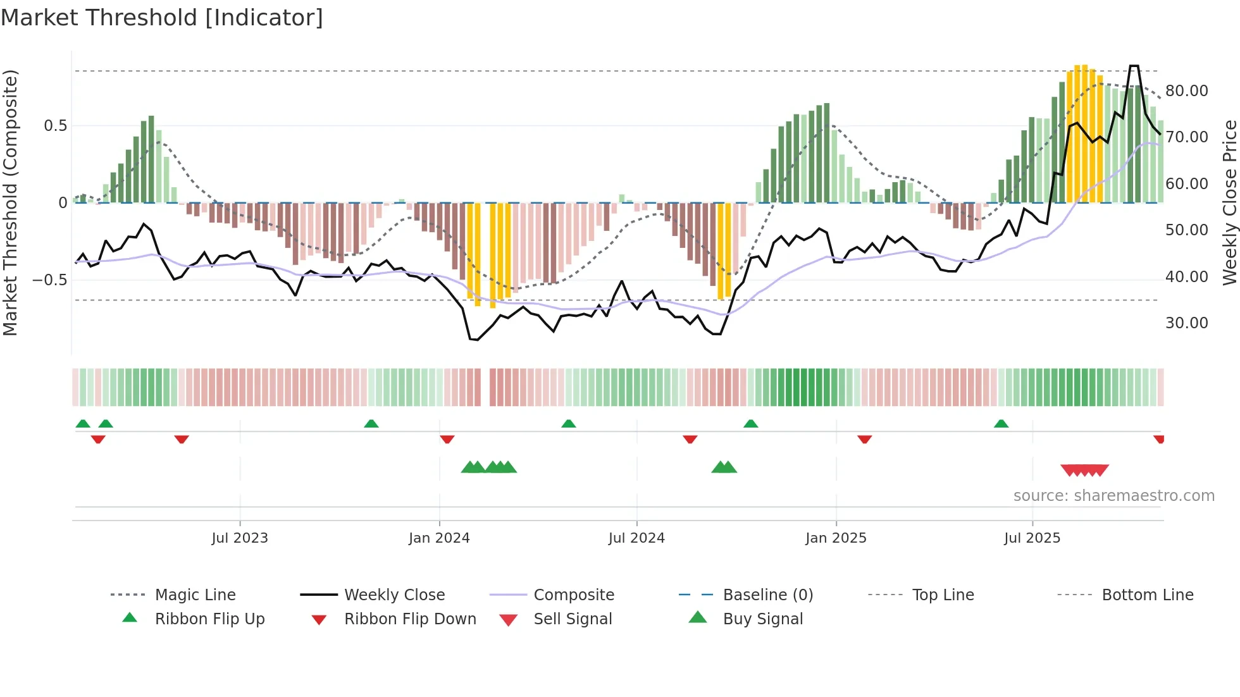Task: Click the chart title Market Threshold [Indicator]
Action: click(162, 18)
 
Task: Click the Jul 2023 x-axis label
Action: click(240, 538)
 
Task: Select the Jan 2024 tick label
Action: click(439, 538)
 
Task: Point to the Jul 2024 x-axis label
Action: click(636, 538)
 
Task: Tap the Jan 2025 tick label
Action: click(836, 538)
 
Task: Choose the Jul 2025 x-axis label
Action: click(1032, 538)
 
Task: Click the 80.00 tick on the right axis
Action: click(1187, 91)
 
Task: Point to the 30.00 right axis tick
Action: click(1187, 323)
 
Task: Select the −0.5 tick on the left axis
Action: click(49, 280)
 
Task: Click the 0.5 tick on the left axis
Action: click(55, 126)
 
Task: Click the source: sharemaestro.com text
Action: click(1113, 496)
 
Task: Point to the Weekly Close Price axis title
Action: click(1229, 202)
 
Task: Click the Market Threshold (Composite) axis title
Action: click(10, 202)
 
